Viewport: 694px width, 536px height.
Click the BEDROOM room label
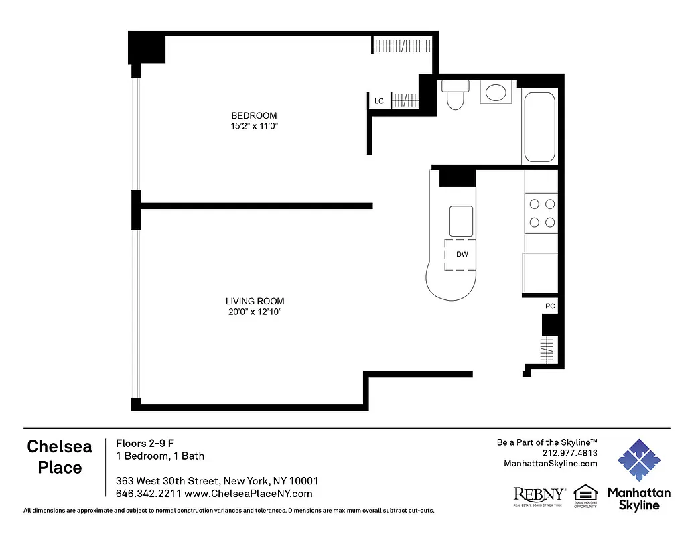click(x=254, y=115)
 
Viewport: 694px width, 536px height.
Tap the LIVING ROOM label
click(x=259, y=301)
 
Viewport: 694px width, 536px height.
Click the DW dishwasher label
click(x=462, y=255)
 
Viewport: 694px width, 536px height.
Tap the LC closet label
click(x=379, y=101)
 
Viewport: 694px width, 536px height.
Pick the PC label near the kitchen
click(x=550, y=306)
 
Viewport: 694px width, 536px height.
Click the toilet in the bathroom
click(x=456, y=94)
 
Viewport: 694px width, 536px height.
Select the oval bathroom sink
click(x=496, y=92)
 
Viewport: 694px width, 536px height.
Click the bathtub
click(x=539, y=127)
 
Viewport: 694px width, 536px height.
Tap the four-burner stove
click(x=541, y=213)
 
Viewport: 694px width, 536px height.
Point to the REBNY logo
click(x=539, y=495)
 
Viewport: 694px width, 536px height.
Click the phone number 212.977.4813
click(x=570, y=452)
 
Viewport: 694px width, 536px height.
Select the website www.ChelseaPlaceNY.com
click(x=248, y=494)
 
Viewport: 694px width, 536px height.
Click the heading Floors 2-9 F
click(x=145, y=442)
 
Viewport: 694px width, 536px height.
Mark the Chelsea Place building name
click(x=60, y=456)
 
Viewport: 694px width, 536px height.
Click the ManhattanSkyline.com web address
click(x=550, y=463)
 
